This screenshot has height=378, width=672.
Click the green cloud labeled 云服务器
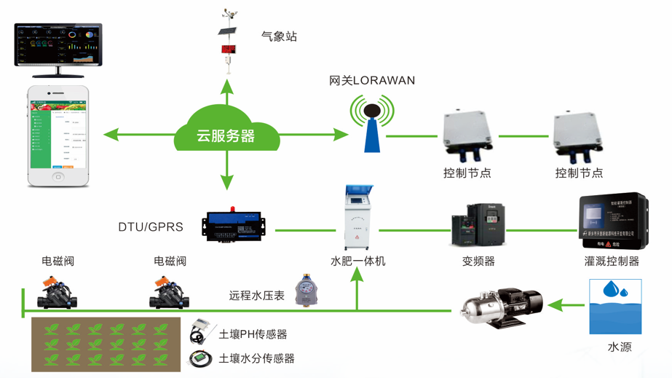click(x=226, y=131)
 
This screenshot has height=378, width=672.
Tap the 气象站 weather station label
click(x=279, y=36)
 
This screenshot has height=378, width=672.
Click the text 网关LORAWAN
click(x=372, y=81)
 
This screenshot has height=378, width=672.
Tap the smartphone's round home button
click(x=58, y=177)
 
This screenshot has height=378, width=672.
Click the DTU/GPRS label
click(x=151, y=227)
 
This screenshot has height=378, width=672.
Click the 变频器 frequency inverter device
click(x=478, y=224)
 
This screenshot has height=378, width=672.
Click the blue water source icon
click(x=615, y=307)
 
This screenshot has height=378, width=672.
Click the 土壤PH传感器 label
click(x=253, y=334)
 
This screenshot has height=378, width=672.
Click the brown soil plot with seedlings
click(x=106, y=344)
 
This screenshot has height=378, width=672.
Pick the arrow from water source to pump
click(x=566, y=306)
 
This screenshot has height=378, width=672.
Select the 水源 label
click(x=620, y=347)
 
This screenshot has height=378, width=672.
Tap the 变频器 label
click(x=478, y=261)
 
